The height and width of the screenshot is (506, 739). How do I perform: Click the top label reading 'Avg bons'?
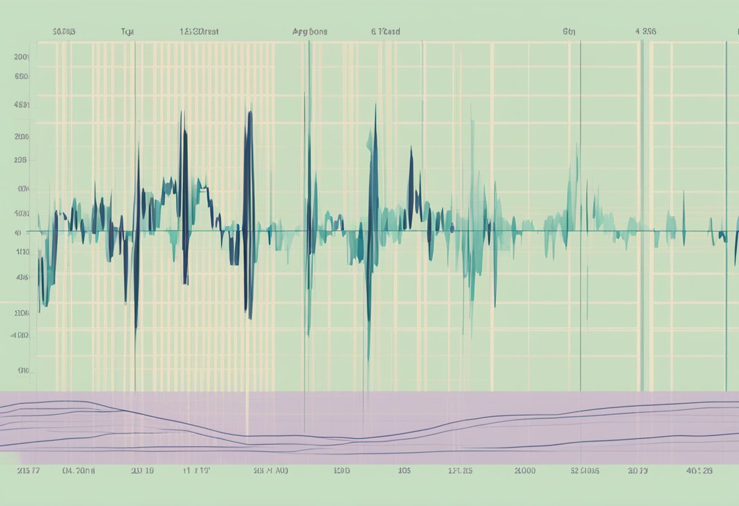pyautogui.click(x=309, y=32)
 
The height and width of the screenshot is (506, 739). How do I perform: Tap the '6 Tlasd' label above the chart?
pyautogui.click(x=385, y=32)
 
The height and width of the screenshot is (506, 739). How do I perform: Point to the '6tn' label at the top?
pyautogui.click(x=569, y=32)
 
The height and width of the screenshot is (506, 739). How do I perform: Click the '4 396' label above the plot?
pyautogui.click(x=645, y=32)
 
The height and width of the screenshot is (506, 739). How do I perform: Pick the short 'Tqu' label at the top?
pyautogui.click(x=128, y=32)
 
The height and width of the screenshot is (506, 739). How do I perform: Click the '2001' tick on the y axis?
pyautogui.click(x=22, y=57)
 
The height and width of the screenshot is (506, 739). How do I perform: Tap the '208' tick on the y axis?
pyautogui.click(x=22, y=161)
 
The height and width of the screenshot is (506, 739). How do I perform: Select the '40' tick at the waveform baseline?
pyautogui.click(x=18, y=232)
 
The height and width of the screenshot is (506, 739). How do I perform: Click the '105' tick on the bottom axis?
pyautogui.click(x=404, y=471)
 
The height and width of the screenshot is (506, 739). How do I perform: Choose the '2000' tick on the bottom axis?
pyautogui.click(x=525, y=471)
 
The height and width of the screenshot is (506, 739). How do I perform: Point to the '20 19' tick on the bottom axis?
pyautogui.click(x=142, y=471)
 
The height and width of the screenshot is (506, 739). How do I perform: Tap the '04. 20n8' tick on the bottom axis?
pyautogui.click(x=78, y=471)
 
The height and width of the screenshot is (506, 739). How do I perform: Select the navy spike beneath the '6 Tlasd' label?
pyautogui.click(x=374, y=201)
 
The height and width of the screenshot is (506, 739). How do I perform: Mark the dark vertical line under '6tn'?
pyautogui.click(x=580, y=213)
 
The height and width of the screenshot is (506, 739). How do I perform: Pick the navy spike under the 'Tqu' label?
pyautogui.click(x=137, y=243)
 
